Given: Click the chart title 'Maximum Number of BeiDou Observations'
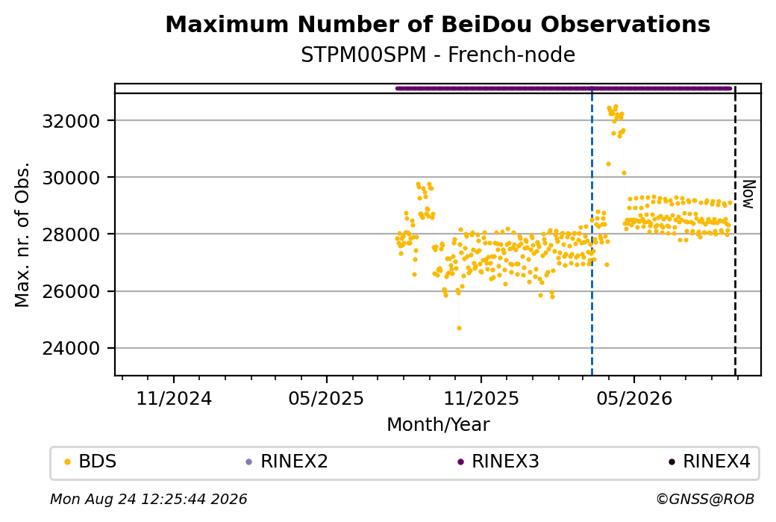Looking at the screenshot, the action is pos(437,24).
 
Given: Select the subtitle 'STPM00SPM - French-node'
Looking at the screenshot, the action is pos(437,55).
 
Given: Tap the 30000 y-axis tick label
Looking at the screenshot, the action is pos(72,178).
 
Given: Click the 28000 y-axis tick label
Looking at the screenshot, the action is pos(72,234).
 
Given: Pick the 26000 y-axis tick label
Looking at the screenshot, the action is pos(72,291).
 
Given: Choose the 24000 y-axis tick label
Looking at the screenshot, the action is pos(72,348).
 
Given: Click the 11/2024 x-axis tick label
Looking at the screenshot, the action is pos(174,398).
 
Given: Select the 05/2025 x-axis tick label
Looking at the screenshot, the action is pos(326,398).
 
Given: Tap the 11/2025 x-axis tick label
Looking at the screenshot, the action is pos(481,398).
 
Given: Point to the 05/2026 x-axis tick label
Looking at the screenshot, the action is pos(634,398).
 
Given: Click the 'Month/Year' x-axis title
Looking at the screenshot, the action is pos(438,424).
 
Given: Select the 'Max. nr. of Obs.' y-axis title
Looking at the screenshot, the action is pos(22,234).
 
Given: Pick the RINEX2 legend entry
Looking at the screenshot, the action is pos(287,462).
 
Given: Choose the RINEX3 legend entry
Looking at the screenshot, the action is pos(498,462).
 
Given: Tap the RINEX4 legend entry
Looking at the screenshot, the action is pos(710,462).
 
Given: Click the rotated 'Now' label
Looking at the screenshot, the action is pos(748,194).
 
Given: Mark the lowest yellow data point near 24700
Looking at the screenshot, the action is pos(459,329).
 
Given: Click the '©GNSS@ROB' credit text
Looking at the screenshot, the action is pos(705,499).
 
